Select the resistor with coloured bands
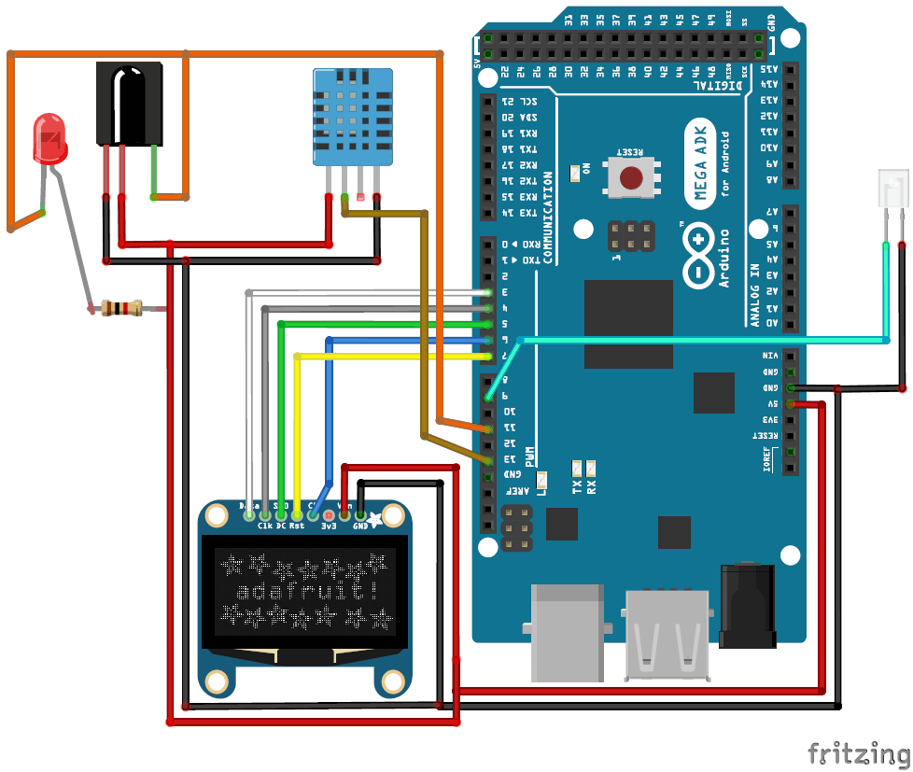pyautogui.click(x=121, y=307)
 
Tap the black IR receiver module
pyautogui.click(x=129, y=104)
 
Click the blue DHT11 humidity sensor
pyautogui.click(x=353, y=118)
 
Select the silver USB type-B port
pyautogui.click(x=568, y=631)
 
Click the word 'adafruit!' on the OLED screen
pyautogui.click(x=305, y=591)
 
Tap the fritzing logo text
pyautogui.click(x=857, y=752)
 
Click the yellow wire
pyautogui.click(x=392, y=356)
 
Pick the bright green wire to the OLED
pyautogui.click(x=383, y=324)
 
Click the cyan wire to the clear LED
pyautogui.click(x=700, y=341)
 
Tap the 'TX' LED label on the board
pyautogui.click(x=577, y=485)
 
